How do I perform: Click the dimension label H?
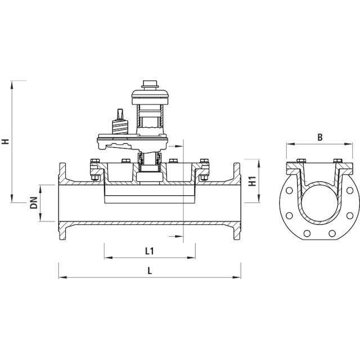[6, 141]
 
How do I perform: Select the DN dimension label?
[34, 202]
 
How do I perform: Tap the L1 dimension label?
[150, 250]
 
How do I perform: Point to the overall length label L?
[150, 269]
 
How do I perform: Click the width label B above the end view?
[319, 137]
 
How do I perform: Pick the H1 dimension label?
[253, 182]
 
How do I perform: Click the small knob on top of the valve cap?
[150, 85]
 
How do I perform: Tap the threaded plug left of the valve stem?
[119, 115]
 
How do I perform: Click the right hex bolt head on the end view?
[337, 163]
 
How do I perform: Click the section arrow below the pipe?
[175, 235]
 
